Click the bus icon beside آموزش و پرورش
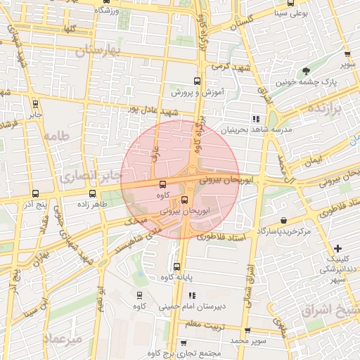(x=197, y=81)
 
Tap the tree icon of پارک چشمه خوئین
(x=306, y=71)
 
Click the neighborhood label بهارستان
(x=98, y=51)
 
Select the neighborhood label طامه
(x=56, y=136)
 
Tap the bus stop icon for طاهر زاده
(x=92, y=193)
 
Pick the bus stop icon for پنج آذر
(x=35, y=193)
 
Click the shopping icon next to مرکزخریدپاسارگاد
(x=283, y=219)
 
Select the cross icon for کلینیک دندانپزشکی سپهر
(x=338, y=248)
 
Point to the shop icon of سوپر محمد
(x=247, y=330)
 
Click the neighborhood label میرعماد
(x=64, y=338)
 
